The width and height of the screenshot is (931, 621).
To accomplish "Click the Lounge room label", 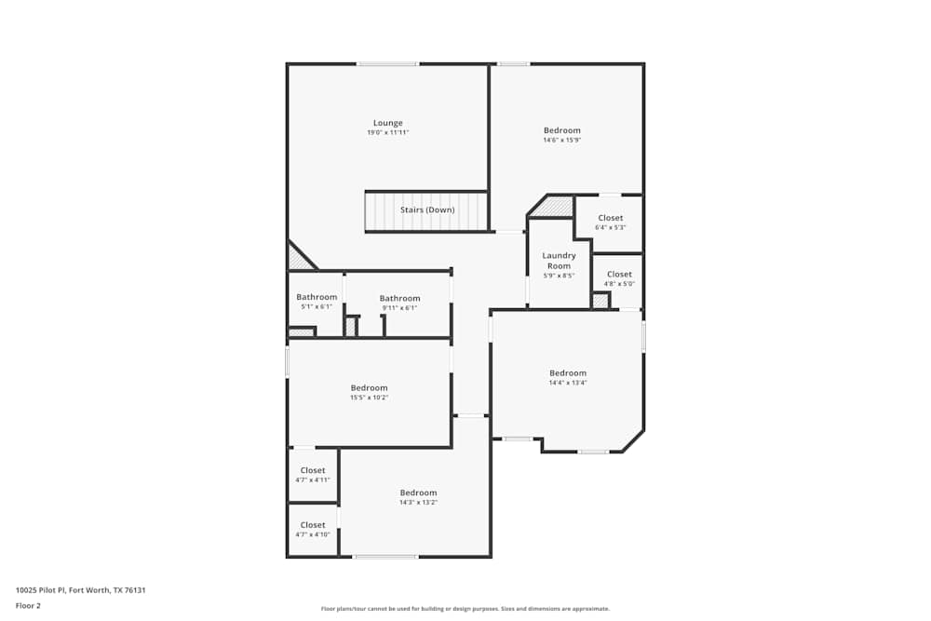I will [388, 123].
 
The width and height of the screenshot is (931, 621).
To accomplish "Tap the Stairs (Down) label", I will [427, 210].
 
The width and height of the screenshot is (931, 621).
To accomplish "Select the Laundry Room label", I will [559, 261].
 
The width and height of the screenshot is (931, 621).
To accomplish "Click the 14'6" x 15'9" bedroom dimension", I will [562, 141].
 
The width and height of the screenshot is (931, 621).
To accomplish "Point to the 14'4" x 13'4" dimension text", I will [568, 383].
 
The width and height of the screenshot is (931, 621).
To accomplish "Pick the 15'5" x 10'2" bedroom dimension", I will [369, 398].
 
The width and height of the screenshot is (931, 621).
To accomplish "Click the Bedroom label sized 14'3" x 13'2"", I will [418, 493].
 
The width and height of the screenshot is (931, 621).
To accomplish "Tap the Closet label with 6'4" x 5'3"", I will [611, 218].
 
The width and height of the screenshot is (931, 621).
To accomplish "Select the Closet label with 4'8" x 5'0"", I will [619, 274].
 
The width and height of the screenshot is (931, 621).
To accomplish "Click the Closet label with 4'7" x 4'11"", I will [313, 470].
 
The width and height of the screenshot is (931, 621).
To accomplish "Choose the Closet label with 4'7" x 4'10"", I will [313, 525].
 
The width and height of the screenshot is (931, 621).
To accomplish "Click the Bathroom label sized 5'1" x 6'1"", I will [317, 297].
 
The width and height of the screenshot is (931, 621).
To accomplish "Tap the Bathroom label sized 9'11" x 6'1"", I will [399, 298].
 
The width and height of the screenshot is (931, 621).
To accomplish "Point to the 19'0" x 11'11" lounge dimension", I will [388, 133].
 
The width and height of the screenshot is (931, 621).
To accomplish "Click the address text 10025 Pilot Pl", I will [81, 589].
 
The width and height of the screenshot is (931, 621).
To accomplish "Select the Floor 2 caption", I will [28, 605].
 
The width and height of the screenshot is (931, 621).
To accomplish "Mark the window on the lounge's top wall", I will [387, 63].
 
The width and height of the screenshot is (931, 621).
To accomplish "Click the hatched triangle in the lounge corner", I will [298, 258].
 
